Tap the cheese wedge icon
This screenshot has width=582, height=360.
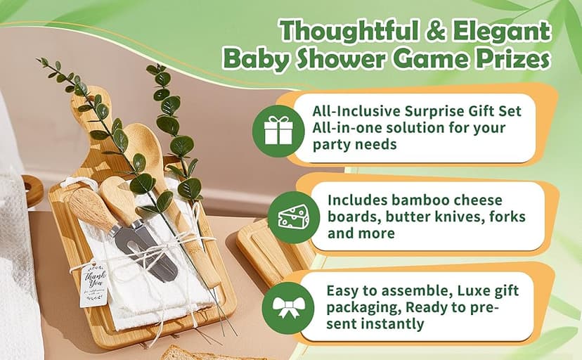click(x=294, y=217)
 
